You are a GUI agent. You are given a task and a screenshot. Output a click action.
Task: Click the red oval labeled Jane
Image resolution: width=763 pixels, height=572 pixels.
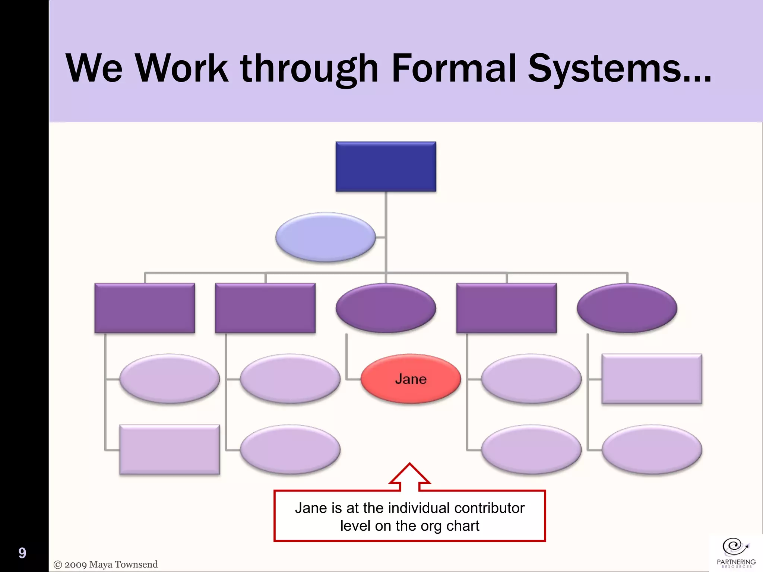[x=411, y=379]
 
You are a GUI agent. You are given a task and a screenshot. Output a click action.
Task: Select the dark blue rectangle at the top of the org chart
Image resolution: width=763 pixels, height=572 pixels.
[x=386, y=166]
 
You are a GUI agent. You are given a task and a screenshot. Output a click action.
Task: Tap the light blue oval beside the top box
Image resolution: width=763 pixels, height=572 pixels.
[x=325, y=237]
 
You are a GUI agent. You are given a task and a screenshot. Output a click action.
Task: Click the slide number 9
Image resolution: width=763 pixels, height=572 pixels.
[x=22, y=553]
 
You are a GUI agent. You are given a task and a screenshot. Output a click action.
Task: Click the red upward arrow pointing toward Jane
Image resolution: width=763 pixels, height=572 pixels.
[x=409, y=477]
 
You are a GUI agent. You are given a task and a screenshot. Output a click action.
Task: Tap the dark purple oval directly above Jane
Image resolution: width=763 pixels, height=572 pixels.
[x=386, y=308]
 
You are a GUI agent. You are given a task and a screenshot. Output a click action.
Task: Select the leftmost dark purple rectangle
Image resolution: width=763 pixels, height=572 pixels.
[x=145, y=308]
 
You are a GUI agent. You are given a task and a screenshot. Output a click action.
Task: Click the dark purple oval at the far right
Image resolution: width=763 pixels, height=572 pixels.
[x=627, y=308]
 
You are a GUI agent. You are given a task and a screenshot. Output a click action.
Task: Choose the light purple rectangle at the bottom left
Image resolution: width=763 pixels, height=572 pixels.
[x=170, y=449]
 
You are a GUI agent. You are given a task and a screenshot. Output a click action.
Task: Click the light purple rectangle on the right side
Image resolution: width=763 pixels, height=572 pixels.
[x=652, y=379]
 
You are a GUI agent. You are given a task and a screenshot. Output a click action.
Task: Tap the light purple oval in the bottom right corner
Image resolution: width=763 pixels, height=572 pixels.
[x=652, y=449]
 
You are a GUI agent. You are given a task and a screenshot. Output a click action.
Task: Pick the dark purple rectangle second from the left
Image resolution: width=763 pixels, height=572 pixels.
[x=265, y=308]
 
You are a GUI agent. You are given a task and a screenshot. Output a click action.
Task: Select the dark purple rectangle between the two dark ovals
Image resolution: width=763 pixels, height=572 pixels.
[x=506, y=308]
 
